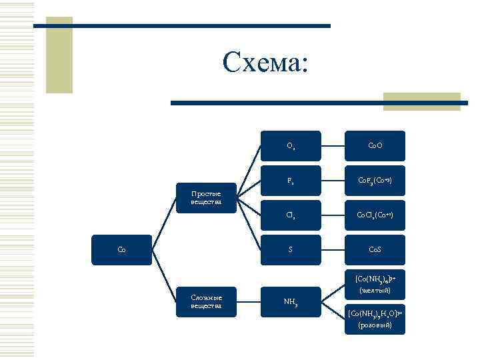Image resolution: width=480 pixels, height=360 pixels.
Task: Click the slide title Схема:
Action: point(266,63)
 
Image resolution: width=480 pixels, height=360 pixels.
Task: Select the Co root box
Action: point(122,250)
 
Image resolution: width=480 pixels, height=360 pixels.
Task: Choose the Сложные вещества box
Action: point(207,301)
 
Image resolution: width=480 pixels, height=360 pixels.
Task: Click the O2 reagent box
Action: point(291,145)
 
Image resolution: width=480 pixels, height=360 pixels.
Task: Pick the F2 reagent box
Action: point(291,180)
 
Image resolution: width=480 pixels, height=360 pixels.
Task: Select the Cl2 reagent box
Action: point(291,215)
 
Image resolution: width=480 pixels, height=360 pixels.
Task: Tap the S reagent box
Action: point(291,250)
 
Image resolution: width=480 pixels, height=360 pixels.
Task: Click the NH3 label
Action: point(291,302)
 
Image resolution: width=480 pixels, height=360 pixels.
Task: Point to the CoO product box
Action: point(375,145)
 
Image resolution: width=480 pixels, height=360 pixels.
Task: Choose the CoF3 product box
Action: point(375,180)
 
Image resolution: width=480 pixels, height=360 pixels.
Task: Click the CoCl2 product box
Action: point(375,215)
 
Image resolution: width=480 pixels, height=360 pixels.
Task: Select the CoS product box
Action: point(375,250)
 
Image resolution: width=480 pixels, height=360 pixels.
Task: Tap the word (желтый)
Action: point(375,291)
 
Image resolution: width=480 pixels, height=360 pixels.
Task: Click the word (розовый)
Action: point(375,325)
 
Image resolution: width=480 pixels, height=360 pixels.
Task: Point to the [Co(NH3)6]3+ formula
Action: point(375,278)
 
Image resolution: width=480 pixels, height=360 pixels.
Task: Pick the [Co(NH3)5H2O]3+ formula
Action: point(375,313)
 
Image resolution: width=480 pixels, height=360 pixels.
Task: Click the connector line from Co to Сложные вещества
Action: point(164,276)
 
